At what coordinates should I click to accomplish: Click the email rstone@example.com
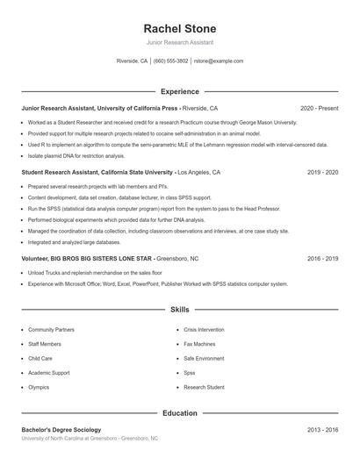click(218, 61)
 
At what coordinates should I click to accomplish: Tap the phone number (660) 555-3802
click(170, 61)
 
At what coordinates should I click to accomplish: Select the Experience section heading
click(179, 91)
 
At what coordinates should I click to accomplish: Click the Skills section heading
click(179, 310)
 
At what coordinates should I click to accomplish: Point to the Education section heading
click(179, 412)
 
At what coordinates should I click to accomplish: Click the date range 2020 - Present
click(319, 108)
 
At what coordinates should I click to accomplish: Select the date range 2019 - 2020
click(322, 173)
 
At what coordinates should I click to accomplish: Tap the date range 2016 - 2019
click(322, 259)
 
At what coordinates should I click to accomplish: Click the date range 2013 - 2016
click(322, 429)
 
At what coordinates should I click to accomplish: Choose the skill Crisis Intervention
click(204, 330)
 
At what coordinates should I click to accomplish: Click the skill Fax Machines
click(199, 344)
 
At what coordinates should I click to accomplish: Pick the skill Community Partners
click(51, 330)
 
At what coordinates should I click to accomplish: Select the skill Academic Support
click(48, 373)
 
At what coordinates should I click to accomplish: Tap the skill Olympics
click(39, 387)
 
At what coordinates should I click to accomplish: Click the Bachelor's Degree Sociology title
click(61, 429)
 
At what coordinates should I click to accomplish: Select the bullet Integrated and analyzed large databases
click(74, 241)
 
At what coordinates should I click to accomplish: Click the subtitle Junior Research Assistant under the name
click(179, 42)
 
